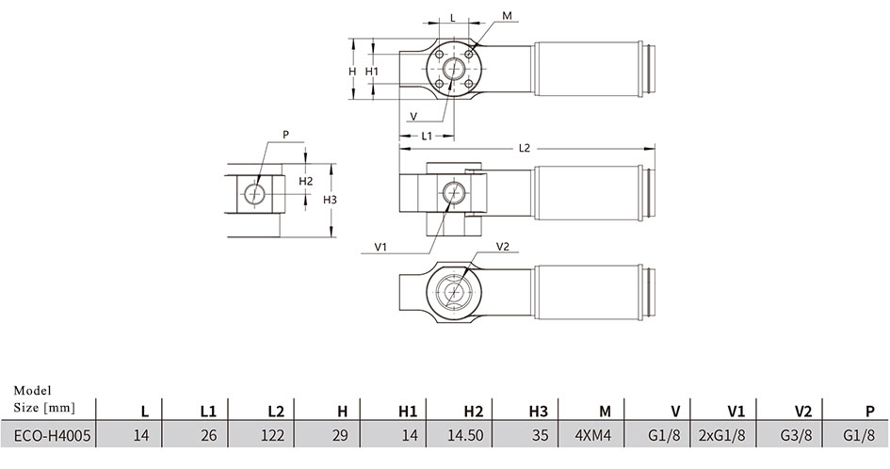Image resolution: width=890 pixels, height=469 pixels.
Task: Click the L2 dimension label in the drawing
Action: (525, 148)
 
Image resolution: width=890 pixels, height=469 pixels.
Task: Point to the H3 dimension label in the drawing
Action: (330, 200)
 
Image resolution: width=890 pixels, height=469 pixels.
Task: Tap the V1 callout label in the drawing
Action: (380, 247)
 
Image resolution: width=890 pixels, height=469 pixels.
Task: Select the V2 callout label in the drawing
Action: (503, 246)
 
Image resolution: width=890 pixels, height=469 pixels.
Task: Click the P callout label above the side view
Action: (286, 135)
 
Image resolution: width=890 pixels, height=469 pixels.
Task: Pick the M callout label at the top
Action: (507, 16)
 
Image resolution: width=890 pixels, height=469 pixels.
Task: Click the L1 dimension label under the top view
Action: (427, 136)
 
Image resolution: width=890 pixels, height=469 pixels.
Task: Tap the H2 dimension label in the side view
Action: (306, 181)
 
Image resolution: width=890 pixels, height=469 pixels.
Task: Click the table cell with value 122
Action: (272, 435)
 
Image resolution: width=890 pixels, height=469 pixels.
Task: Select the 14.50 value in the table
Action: (465, 435)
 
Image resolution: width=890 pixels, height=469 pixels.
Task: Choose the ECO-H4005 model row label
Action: (52, 435)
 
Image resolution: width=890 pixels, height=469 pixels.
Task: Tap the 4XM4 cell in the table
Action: (593, 435)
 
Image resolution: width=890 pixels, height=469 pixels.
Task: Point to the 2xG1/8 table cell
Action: (721, 435)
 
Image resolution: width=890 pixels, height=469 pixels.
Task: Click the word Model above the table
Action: (32, 391)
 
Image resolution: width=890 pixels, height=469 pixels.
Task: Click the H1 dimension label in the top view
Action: (372, 72)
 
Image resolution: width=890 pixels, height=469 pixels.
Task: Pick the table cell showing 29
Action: (340, 435)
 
